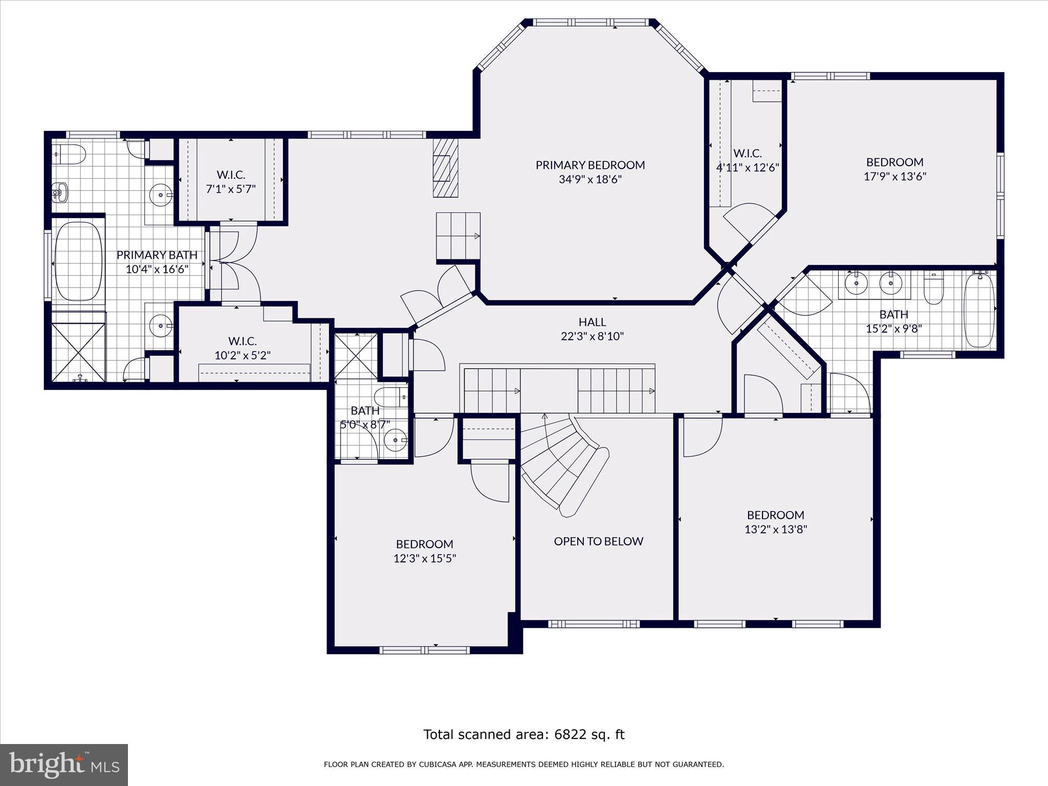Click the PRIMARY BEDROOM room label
click(x=590, y=165)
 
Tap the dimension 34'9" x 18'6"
click(x=590, y=180)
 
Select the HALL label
click(x=592, y=322)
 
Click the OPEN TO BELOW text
click(x=598, y=541)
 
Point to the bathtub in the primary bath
click(x=78, y=261)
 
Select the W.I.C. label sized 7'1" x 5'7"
click(x=231, y=175)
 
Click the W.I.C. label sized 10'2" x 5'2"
click(x=242, y=341)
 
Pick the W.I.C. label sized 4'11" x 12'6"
click(x=747, y=153)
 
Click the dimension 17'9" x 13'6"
click(x=894, y=177)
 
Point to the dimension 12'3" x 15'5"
click(x=424, y=558)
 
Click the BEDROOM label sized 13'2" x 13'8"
click(x=775, y=515)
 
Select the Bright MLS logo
click(x=64, y=765)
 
